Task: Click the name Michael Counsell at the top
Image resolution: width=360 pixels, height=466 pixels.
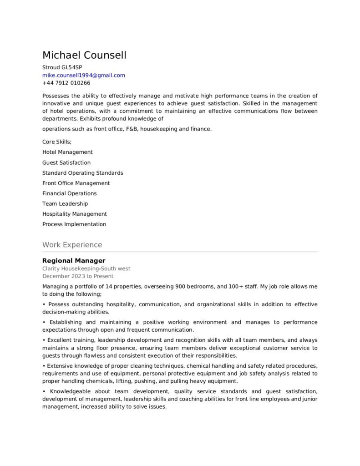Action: click(84, 56)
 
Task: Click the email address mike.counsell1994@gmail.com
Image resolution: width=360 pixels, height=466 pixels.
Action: click(83, 75)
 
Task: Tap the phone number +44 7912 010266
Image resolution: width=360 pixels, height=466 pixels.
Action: click(66, 83)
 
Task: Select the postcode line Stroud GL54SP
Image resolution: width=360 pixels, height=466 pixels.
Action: click(62, 67)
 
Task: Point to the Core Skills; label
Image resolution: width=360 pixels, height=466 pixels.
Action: click(57, 142)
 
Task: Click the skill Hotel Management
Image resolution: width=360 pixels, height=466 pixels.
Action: click(67, 152)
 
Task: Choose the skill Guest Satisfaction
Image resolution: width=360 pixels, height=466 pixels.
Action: click(66, 162)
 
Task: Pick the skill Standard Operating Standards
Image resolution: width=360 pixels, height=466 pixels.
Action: click(82, 173)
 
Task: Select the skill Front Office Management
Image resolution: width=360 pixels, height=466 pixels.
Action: click(76, 183)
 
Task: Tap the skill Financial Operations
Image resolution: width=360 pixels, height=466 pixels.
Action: click(69, 193)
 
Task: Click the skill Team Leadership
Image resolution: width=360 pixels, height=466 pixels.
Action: click(65, 203)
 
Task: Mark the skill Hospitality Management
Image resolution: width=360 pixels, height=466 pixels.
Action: click(74, 214)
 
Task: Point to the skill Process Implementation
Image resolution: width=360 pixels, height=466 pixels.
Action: click(74, 224)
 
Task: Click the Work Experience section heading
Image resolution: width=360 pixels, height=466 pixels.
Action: click(72, 245)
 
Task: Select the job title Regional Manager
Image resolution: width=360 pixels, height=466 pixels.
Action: click(74, 261)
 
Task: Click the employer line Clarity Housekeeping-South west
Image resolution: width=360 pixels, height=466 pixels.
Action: click(86, 268)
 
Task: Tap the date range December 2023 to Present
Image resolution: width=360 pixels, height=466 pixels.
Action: click(78, 276)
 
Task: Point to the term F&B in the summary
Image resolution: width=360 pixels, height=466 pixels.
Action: click(131, 129)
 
